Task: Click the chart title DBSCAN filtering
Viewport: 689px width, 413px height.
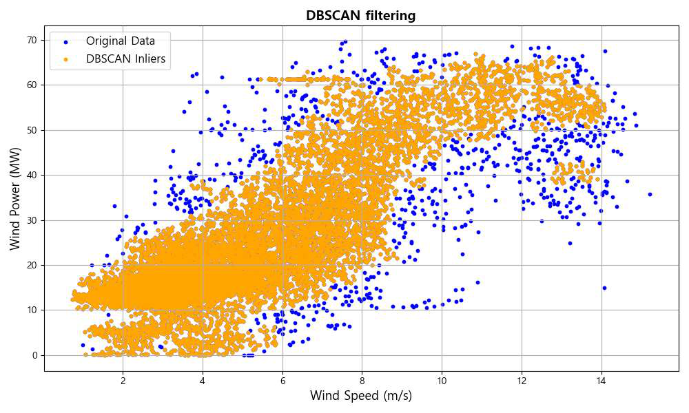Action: [x=361, y=15]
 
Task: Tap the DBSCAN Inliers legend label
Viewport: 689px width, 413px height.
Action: [x=125, y=59]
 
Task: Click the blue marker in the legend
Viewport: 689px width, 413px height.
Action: [x=65, y=41]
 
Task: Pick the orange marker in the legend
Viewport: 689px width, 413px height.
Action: [x=65, y=59]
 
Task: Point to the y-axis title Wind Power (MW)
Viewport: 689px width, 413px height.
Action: [x=15, y=199]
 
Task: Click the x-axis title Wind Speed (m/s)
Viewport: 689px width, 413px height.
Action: [x=361, y=396]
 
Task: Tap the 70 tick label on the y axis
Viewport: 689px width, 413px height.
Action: [x=31, y=40]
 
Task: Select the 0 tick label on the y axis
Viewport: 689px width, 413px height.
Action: [x=34, y=355]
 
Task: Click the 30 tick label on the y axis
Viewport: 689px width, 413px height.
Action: [x=31, y=220]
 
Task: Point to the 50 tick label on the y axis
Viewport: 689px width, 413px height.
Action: [x=31, y=130]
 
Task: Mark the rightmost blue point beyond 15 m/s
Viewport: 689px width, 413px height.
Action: [x=650, y=194]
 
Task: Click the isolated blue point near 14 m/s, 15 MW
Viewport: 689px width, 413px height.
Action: [x=604, y=288]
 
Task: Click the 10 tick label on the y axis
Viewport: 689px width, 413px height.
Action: [x=31, y=310]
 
